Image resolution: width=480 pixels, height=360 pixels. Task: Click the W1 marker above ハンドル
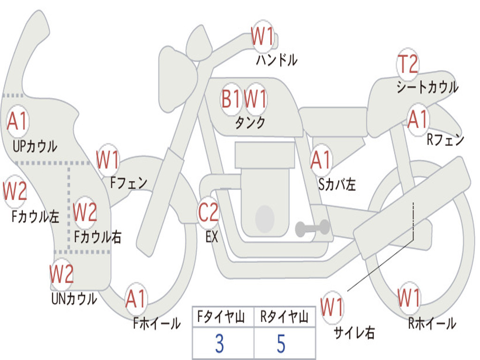(262, 36)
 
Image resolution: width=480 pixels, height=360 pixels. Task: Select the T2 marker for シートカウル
(407, 64)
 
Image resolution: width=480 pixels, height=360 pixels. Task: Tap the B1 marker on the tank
(231, 99)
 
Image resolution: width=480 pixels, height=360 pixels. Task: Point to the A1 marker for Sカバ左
(322, 160)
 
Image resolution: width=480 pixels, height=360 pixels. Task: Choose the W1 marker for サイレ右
(332, 307)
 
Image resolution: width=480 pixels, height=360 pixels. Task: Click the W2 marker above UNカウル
(62, 274)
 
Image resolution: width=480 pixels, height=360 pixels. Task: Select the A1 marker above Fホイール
(136, 299)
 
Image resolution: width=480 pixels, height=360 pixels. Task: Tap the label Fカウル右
(98, 237)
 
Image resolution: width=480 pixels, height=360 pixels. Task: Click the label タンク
(250, 123)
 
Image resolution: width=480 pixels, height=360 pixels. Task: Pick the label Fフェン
(129, 183)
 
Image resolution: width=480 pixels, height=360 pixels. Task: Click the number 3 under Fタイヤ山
(219, 344)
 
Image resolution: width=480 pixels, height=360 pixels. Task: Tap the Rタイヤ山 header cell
(285, 318)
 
